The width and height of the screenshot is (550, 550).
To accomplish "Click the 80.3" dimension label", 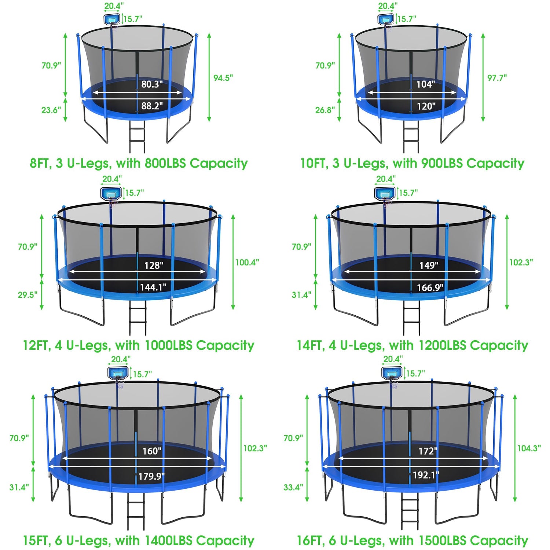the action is pyautogui.click(x=152, y=84).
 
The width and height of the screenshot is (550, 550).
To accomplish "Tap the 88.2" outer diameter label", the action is pyautogui.click(x=152, y=106).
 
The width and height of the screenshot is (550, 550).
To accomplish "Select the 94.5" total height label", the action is pyautogui.click(x=223, y=78).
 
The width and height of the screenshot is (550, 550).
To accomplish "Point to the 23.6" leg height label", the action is pyautogui.click(x=51, y=110).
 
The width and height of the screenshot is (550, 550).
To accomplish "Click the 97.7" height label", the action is pyautogui.click(x=497, y=78).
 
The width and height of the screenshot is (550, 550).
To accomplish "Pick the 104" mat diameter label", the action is pyautogui.click(x=426, y=84).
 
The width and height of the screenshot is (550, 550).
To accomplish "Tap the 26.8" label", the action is pyautogui.click(x=325, y=110).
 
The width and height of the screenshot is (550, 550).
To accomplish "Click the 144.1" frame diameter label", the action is pyautogui.click(x=153, y=287).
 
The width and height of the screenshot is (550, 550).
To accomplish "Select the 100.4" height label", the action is pyautogui.click(x=247, y=262).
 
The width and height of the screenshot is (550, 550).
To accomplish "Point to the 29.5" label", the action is pyautogui.click(x=27, y=295).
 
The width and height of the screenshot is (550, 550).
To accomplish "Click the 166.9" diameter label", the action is pyautogui.click(x=430, y=288).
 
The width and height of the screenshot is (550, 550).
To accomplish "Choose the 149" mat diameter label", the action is pyautogui.click(x=429, y=265).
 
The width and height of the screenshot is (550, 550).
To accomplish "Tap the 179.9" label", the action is pyautogui.click(x=151, y=476).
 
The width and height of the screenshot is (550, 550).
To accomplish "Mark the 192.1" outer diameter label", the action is pyautogui.click(x=426, y=475).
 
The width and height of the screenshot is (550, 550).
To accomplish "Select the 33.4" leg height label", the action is pyautogui.click(x=293, y=487).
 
